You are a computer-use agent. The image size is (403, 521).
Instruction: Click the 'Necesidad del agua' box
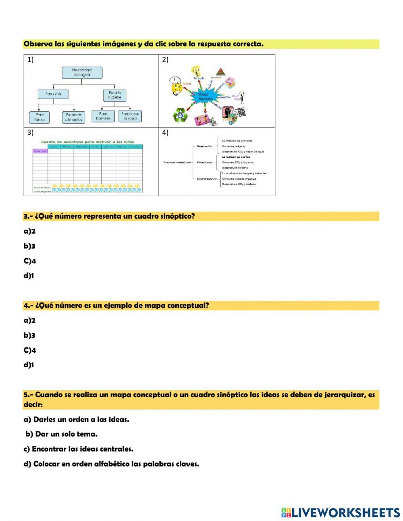[x=82, y=72]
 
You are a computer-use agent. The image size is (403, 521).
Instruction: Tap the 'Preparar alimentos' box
[x=74, y=117]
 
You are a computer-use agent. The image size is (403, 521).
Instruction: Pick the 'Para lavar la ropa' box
[x=130, y=116]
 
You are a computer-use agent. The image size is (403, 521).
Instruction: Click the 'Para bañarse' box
[x=103, y=116]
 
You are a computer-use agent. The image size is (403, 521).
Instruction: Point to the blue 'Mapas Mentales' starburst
[x=206, y=96]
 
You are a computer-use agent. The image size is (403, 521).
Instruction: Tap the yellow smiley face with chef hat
[x=176, y=86]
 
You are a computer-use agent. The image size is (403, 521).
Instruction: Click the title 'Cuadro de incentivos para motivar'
[x=87, y=142]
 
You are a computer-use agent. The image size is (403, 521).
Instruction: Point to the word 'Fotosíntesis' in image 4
[x=205, y=162]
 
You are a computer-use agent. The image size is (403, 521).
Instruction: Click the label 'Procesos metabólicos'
[x=177, y=162]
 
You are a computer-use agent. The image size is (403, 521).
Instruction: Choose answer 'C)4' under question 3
[x=30, y=261]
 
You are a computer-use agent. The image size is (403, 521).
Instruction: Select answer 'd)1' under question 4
[x=29, y=365]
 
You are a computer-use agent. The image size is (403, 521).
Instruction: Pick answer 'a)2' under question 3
[x=30, y=232]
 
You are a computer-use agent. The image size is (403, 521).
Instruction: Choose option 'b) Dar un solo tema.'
[x=61, y=435]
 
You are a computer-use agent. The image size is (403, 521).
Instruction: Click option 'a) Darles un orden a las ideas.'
[x=77, y=420]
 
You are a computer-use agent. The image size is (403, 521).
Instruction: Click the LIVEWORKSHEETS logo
[x=341, y=513]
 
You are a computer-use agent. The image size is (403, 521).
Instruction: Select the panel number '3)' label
[x=30, y=132]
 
